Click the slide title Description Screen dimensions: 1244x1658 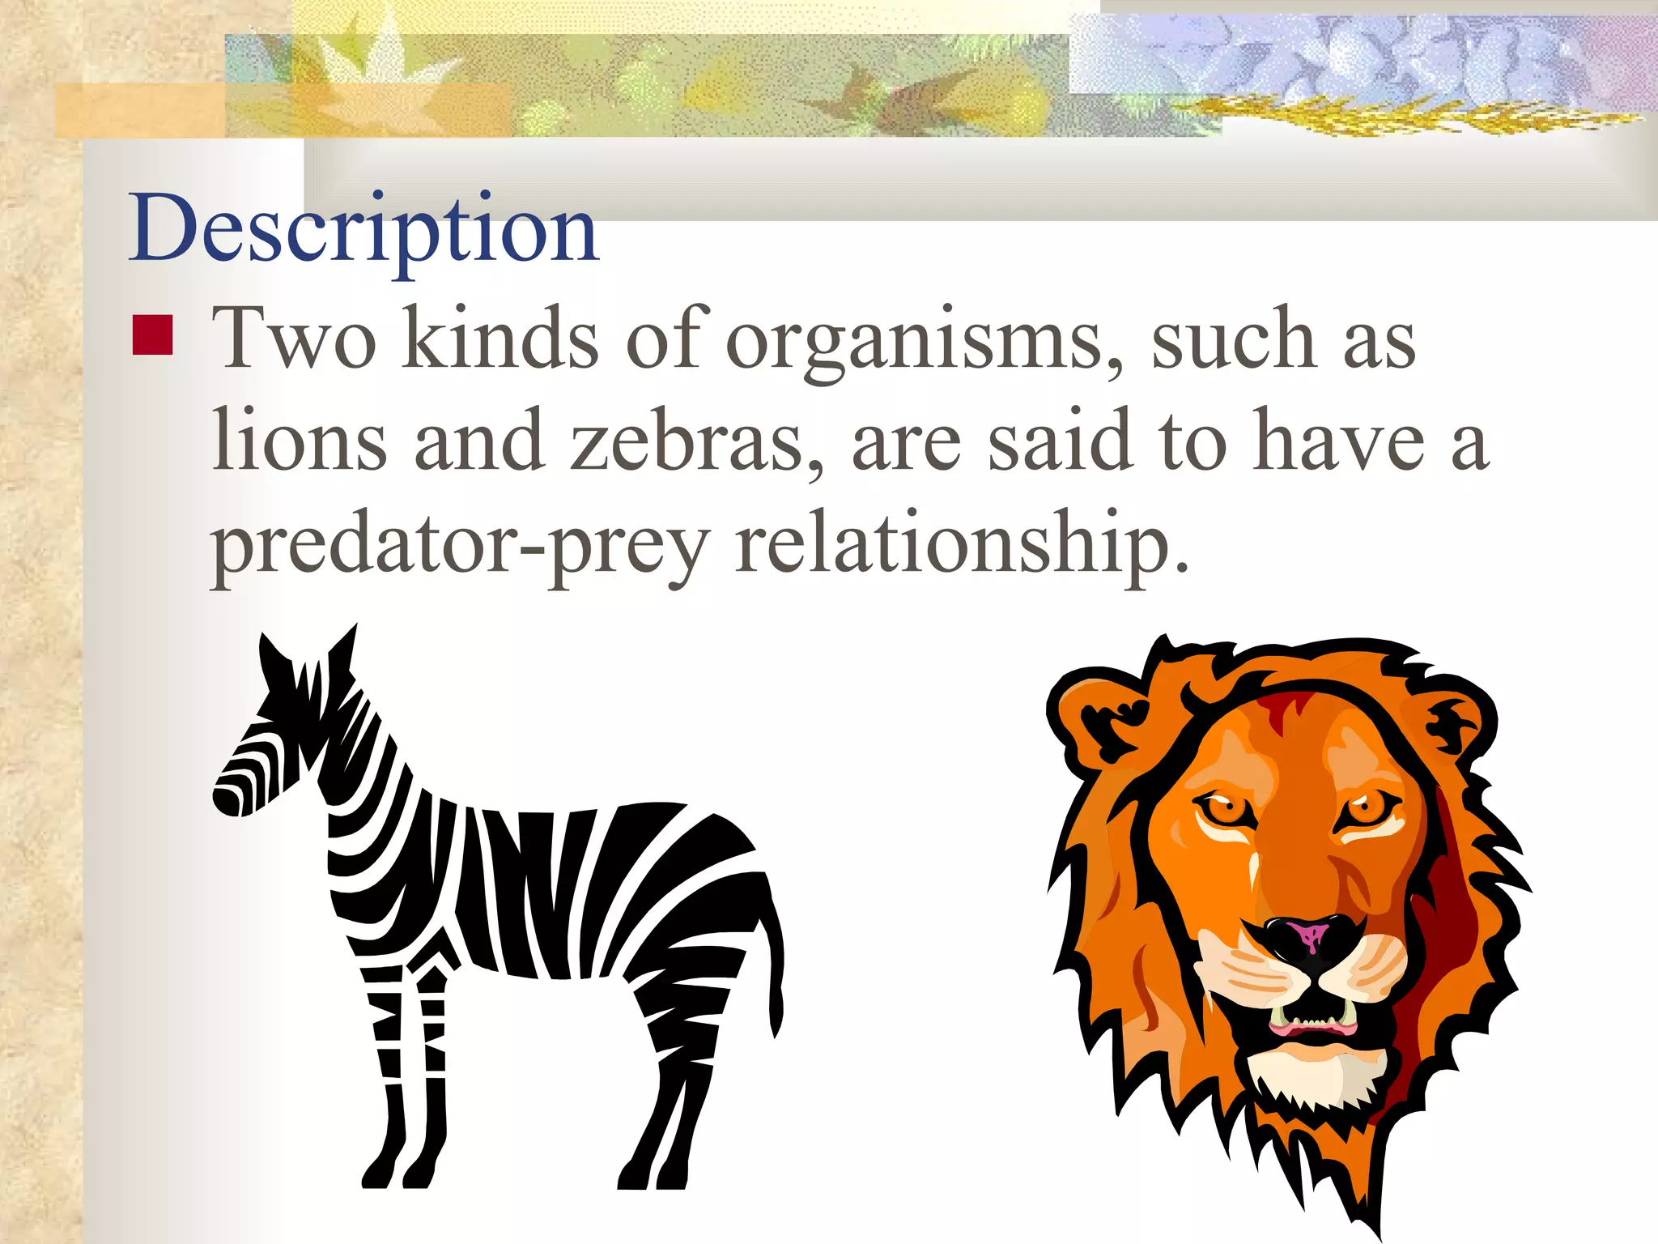click(x=363, y=231)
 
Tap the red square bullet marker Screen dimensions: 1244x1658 click(x=152, y=335)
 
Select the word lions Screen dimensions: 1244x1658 click(x=300, y=441)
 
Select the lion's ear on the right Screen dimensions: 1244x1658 click(x=1457, y=721)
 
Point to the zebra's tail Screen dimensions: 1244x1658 click(x=775, y=956)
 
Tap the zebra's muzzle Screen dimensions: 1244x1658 click(x=231, y=794)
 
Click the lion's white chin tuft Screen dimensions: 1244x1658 click(x=1316, y=1077)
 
